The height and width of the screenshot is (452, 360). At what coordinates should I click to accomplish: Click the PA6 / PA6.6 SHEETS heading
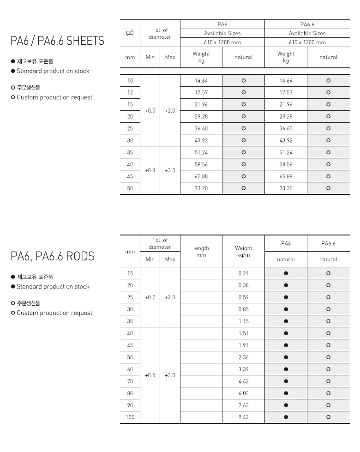pos(57,41)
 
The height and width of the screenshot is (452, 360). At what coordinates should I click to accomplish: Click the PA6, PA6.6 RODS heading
pos(53,256)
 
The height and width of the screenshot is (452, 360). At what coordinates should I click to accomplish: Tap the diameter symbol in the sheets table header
pos(130,33)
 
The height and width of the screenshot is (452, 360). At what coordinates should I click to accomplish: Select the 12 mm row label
pos(130,92)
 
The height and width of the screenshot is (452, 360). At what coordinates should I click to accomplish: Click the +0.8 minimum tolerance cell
pos(150,170)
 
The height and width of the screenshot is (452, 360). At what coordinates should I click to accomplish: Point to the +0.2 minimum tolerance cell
pos(150,297)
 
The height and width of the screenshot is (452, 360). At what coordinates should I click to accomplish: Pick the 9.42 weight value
pos(244,417)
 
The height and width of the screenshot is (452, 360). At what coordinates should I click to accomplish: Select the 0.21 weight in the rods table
pos(244,273)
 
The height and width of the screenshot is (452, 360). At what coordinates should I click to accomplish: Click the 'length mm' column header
pos(201,252)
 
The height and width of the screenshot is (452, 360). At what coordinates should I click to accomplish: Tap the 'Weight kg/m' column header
pos(244,252)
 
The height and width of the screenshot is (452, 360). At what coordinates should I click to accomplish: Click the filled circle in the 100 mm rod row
pos(286,417)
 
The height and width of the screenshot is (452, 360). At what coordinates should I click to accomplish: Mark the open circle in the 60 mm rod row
pos(328,369)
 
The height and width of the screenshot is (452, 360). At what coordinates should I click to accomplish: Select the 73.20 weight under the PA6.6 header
pos(286,188)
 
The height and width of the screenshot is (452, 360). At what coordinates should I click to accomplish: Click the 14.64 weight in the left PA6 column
pos(201,80)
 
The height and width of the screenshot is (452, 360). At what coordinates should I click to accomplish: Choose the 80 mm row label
pos(130,393)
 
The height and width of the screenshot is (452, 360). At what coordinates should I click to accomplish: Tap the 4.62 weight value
pos(244,381)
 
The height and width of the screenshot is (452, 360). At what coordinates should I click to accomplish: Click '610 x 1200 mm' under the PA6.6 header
pos(307,42)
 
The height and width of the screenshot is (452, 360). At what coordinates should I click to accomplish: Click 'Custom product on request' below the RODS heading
pos(54,313)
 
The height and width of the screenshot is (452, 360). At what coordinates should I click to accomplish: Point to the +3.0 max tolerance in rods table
pos(170,375)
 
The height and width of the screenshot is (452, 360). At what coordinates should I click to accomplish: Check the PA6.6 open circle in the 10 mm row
pos(328,80)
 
